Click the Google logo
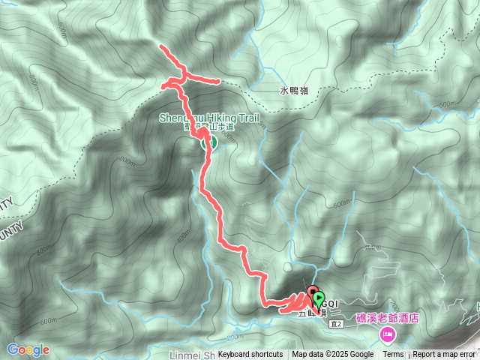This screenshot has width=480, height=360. click(x=28, y=349)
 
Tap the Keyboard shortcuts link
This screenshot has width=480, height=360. click(x=250, y=355)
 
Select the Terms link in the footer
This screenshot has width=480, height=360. click(x=393, y=355)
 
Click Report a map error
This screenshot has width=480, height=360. click(x=445, y=355)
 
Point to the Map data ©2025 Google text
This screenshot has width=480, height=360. click(x=333, y=355)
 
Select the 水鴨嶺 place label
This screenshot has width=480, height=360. click(x=293, y=91)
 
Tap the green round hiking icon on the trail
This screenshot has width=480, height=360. click(x=211, y=142)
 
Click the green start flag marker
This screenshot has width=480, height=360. click(x=319, y=299)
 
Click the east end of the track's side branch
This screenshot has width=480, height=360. click(x=218, y=81)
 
